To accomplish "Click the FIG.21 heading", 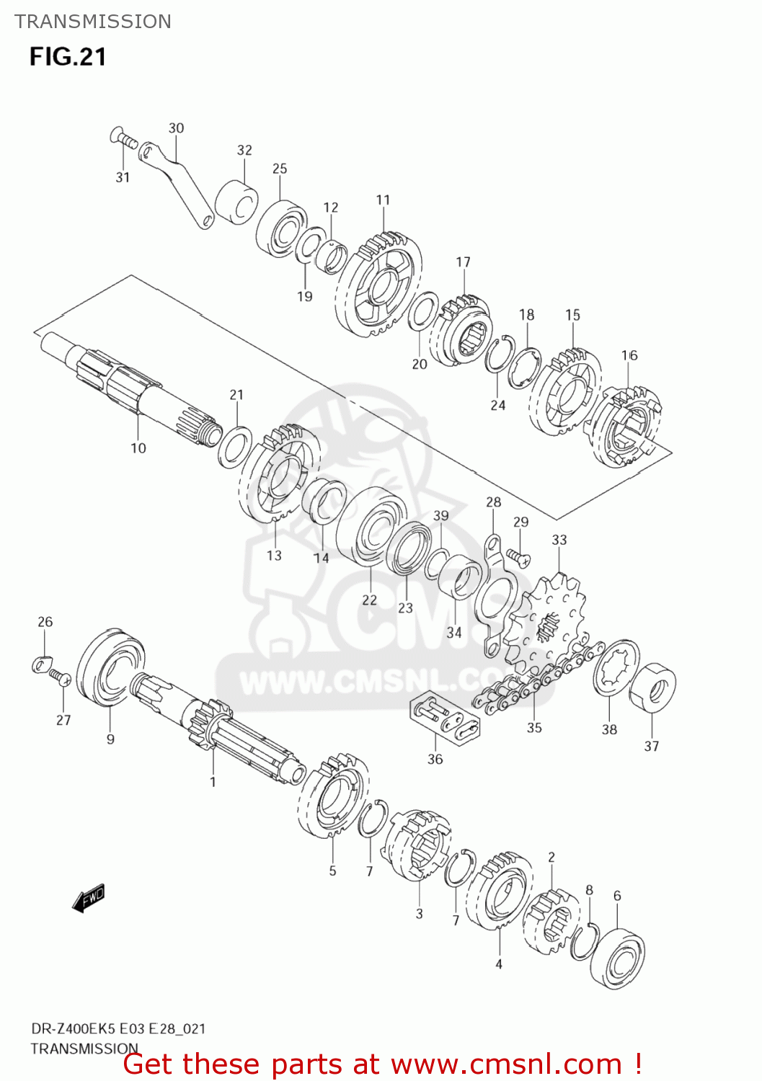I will click(x=68, y=57).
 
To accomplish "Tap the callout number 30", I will click(x=176, y=128).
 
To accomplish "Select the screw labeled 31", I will click(x=123, y=138).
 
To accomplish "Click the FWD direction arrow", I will click(x=89, y=898).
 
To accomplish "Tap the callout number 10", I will click(x=138, y=448).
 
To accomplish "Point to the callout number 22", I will click(x=369, y=600).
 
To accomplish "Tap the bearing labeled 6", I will click(x=618, y=958).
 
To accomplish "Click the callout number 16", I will click(x=629, y=355).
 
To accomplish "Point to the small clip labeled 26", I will click(x=42, y=664).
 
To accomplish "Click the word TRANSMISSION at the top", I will click(x=93, y=22).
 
